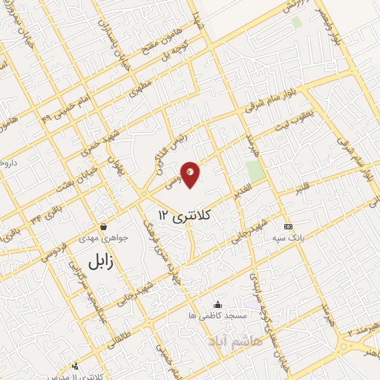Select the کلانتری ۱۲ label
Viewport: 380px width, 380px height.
coord(185,214)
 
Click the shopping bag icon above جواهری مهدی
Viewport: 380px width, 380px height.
coord(103,226)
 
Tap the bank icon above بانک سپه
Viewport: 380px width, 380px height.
coord(288,226)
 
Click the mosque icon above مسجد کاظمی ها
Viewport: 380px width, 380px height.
coord(217,304)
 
